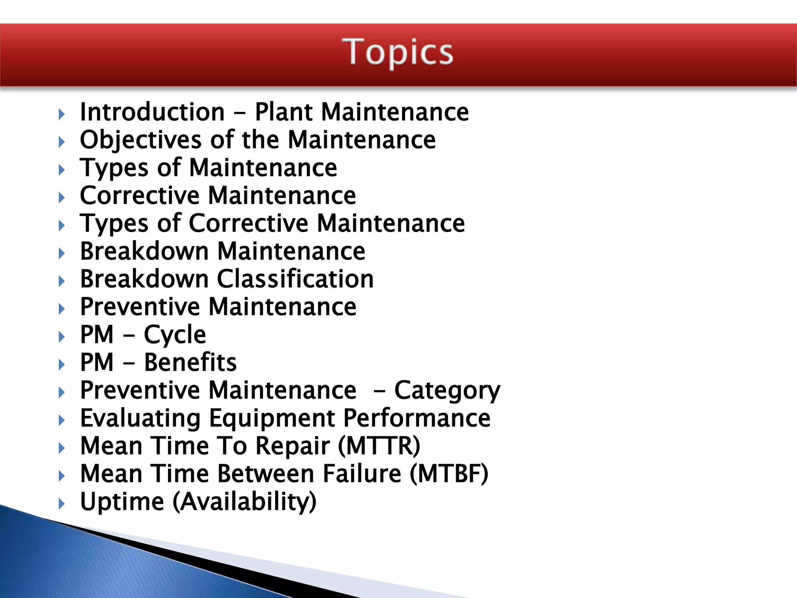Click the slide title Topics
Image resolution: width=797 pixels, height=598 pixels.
click(397, 53)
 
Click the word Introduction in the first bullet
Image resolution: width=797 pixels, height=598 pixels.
click(152, 112)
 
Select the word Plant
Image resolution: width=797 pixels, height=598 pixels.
click(284, 112)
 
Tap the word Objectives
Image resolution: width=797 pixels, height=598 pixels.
click(140, 140)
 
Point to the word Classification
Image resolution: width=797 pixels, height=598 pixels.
click(295, 279)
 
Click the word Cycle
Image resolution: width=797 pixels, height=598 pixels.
click(175, 335)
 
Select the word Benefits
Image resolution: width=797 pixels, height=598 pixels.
click(190, 362)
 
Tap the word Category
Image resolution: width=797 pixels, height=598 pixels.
click(447, 390)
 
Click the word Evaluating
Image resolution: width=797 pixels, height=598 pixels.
click(140, 419)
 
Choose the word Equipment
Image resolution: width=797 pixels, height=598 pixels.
click(272, 419)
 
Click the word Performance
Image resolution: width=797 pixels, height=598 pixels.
click(417, 418)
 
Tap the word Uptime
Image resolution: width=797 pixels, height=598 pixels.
click(122, 502)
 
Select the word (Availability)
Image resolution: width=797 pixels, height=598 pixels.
click(244, 502)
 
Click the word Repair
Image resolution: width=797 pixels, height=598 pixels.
click(293, 446)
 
